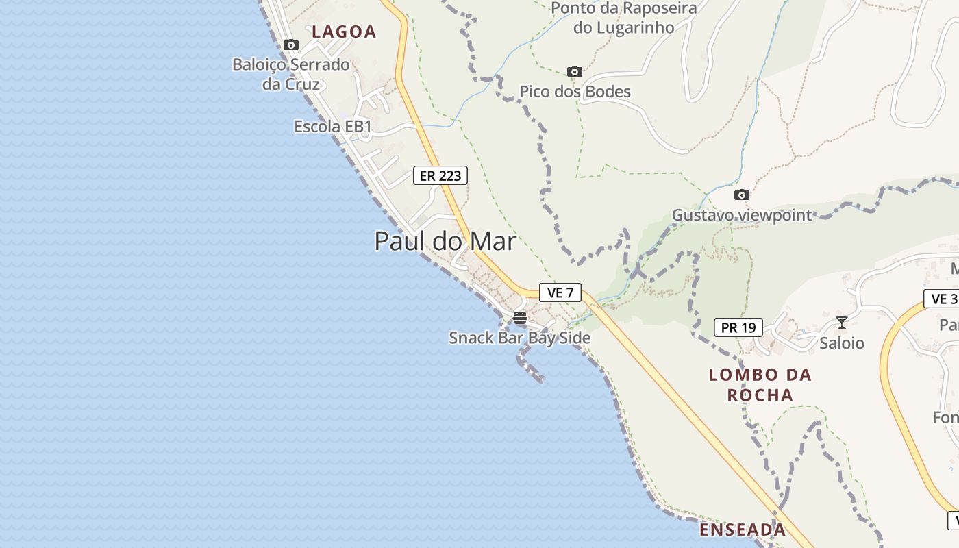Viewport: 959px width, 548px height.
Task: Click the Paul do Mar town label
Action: [x=445, y=241]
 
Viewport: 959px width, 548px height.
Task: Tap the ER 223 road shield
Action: [x=440, y=176]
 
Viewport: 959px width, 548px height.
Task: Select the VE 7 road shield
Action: [x=560, y=292]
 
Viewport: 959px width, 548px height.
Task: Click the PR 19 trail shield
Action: [x=738, y=328]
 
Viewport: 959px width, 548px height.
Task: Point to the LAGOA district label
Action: [x=344, y=32]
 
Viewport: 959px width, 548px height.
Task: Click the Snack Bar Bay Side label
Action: [x=519, y=338]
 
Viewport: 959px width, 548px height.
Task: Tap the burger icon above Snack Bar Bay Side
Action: [x=519, y=318]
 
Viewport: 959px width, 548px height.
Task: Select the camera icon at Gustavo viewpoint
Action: [x=741, y=195]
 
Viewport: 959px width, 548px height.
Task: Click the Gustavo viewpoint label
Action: [x=741, y=215]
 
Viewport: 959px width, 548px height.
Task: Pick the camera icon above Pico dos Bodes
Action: [x=574, y=71]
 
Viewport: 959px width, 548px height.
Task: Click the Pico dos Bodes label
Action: [x=574, y=92]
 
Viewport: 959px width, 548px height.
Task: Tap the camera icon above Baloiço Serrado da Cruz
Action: [x=291, y=45]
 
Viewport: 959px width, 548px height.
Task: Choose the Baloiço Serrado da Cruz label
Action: [x=291, y=74]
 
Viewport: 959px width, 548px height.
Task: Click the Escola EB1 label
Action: [x=332, y=127]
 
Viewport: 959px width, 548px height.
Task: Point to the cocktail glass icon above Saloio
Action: [x=842, y=323]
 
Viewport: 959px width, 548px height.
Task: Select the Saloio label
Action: [x=842, y=343]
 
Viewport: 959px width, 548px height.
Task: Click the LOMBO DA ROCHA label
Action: [x=760, y=385]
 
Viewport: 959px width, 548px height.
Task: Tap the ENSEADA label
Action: [x=743, y=530]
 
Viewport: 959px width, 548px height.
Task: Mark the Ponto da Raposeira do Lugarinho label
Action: [x=623, y=18]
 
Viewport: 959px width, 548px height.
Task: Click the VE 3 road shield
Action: [x=944, y=299]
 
